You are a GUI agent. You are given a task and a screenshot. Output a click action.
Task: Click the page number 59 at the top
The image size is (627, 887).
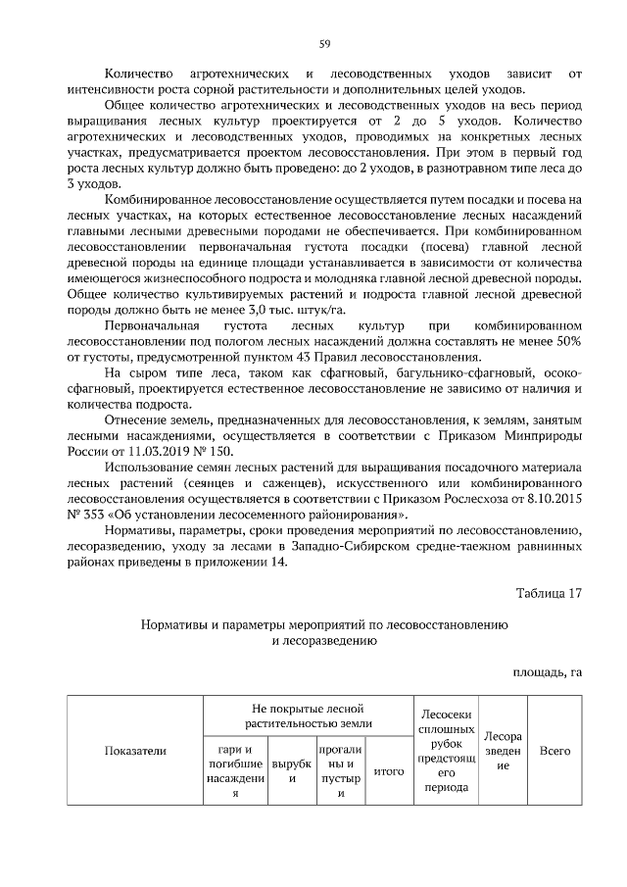click(324, 42)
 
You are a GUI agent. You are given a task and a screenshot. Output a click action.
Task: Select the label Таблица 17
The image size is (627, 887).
click(549, 592)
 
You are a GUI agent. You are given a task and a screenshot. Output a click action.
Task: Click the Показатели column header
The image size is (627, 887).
click(135, 750)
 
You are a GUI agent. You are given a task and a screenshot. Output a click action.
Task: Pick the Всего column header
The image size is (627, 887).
click(555, 750)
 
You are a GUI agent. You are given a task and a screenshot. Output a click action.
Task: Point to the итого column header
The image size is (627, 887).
click(389, 771)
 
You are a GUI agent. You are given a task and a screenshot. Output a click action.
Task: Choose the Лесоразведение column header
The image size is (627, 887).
click(503, 750)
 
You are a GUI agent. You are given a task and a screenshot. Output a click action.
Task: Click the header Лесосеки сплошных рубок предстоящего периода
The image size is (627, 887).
click(446, 750)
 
